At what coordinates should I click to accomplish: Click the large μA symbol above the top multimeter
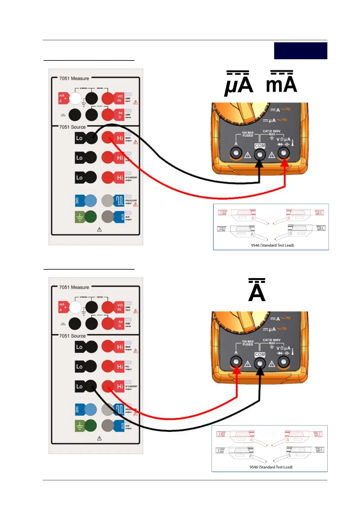coord(238,84)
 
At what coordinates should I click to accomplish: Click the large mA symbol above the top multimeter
coord(281,83)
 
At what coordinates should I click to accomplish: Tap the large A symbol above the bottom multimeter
coord(257,291)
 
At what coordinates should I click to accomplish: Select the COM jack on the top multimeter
coord(259,154)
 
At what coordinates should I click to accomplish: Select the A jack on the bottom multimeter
coord(236,361)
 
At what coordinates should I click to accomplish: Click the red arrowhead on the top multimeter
coord(285,163)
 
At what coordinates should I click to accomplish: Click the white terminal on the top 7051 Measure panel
coord(75,98)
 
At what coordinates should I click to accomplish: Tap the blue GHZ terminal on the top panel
coord(90,200)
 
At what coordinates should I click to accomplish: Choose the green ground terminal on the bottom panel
coord(90,426)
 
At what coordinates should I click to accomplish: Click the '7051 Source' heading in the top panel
coord(72,127)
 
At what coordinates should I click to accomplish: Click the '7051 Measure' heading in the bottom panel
coord(74,287)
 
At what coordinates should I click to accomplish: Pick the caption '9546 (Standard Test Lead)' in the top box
coord(272,245)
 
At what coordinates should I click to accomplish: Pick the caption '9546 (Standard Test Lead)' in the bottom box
coord(271,467)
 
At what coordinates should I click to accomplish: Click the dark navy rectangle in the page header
coord(300,51)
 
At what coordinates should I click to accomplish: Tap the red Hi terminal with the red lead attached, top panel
coord(107,138)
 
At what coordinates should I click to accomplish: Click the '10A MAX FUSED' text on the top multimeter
coord(248,134)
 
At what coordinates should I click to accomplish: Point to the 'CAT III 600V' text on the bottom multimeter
coord(271,340)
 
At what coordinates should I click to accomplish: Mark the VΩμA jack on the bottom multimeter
coord(284,361)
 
